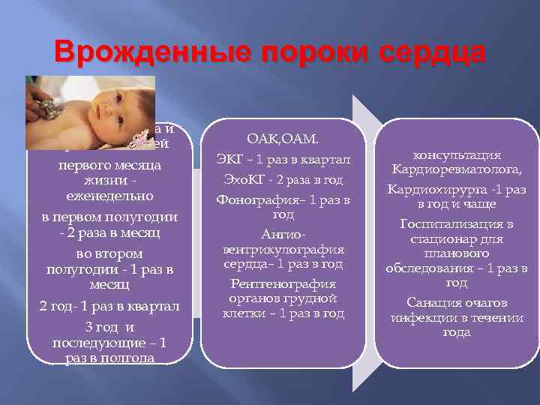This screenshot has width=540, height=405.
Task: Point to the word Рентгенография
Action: [x=283, y=284]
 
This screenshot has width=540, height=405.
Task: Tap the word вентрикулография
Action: [x=283, y=249]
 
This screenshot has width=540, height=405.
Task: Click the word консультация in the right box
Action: [x=457, y=155]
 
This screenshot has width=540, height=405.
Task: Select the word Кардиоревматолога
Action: [x=457, y=169]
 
